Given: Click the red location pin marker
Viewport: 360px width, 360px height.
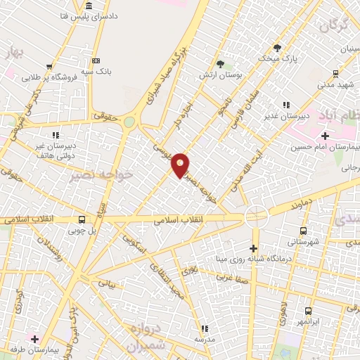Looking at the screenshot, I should [x=181, y=164].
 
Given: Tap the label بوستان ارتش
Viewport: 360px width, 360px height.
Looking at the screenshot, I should [x=230, y=75].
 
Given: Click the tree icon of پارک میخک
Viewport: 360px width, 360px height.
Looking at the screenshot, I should [x=277, y=49].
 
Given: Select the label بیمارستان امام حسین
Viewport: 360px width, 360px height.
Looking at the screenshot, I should [x=325, y=148].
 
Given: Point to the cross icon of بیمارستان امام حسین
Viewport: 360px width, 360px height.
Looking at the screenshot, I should [x=325, y=136].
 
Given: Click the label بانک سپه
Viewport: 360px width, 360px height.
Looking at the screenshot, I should [x=96, y=72].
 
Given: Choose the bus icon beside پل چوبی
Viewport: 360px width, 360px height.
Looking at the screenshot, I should [x=83, y=219].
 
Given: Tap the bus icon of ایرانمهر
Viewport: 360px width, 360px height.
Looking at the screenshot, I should [x=308, y=310].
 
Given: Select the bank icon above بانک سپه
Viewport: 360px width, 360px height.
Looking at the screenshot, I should [x=96, y=60].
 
